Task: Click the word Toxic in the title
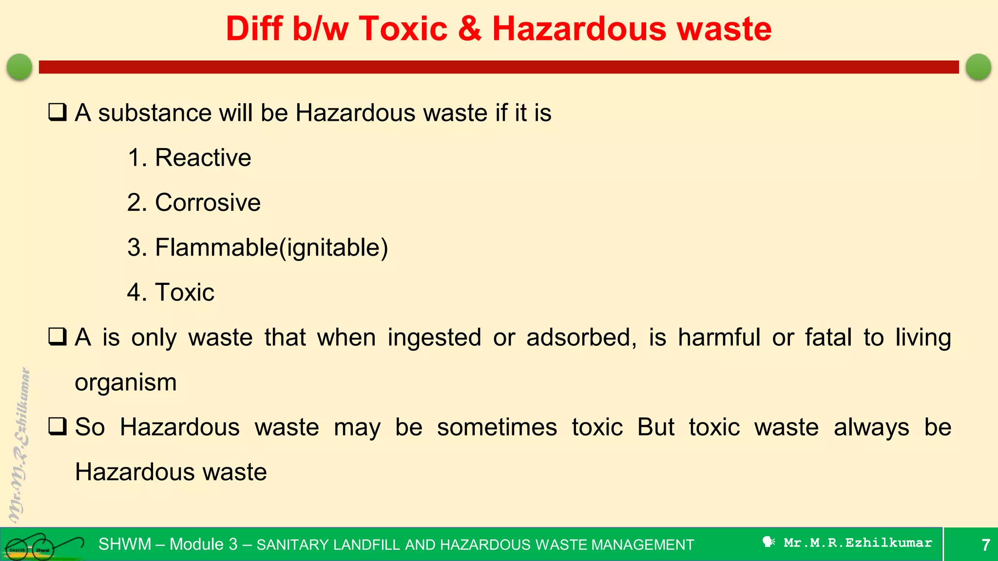click(403, 29)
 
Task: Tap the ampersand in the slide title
click(470, 29)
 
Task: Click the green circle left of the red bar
click(19, 67)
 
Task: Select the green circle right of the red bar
click(978, 67)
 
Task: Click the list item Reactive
click(203, 158)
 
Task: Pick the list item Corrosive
click(208, 203)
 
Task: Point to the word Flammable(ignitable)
click(271, 247)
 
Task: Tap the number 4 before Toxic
click(134, 292)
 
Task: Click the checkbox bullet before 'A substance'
click(57, 112)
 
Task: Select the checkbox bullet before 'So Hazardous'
click(57, 427)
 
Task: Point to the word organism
click(126, 382)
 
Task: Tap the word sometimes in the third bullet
click(497, 427)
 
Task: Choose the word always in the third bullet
click(871, 427)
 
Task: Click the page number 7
click(985, 544)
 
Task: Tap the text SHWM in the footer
click(125, 544)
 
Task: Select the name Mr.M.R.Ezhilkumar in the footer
click(858, 542)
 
